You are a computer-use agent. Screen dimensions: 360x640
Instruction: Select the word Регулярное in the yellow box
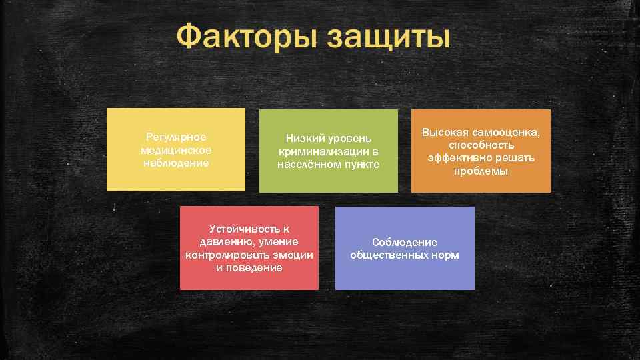coord(176,137)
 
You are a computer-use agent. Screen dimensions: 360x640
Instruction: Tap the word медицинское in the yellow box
coord(176,149)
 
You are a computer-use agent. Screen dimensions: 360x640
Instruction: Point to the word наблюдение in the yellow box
coord(176,162)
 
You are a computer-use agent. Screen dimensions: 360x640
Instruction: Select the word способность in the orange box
coord(481,145)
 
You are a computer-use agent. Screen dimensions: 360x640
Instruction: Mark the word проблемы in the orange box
coord(481,171)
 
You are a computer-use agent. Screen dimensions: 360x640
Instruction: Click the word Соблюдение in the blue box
coord(405,242)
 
